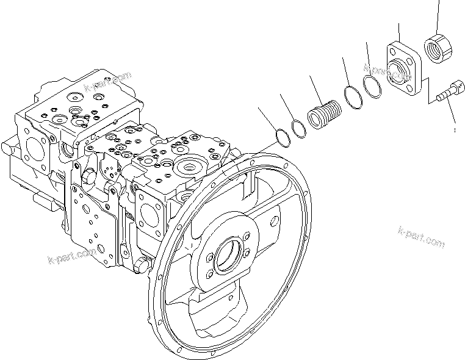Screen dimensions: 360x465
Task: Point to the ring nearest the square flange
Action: tap(373, 85)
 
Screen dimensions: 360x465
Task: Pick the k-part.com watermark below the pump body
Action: tap(71, 254)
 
